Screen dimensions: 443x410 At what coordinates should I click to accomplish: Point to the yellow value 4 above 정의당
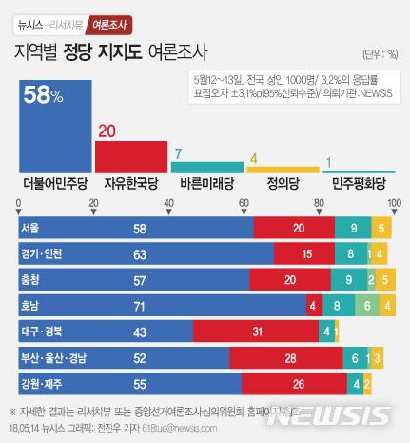pos(253,159)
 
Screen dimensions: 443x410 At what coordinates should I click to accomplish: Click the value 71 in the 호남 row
pos(139,305)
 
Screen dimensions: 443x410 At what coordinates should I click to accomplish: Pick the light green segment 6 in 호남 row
pos(367,305)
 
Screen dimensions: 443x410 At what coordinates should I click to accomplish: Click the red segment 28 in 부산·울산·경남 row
pos(286,356)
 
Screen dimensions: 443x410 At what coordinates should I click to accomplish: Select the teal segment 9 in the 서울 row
pos(353,229)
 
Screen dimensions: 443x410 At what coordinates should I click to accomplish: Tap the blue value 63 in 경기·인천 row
pos(139,254)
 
